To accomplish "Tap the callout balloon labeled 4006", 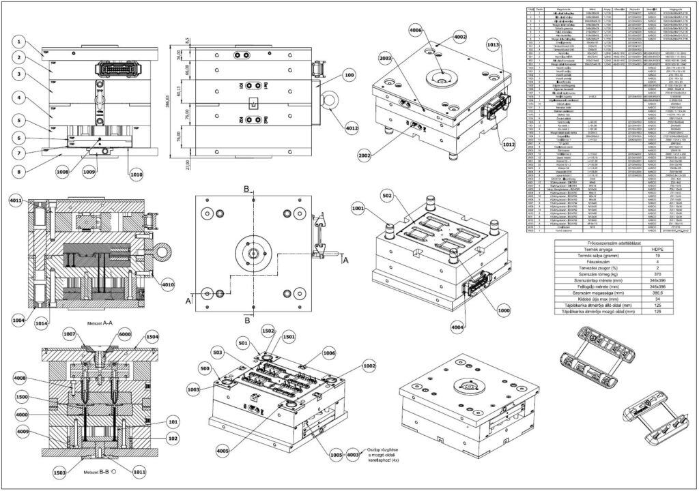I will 415,31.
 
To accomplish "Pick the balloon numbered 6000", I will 106,335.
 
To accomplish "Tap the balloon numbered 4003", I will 353,455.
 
